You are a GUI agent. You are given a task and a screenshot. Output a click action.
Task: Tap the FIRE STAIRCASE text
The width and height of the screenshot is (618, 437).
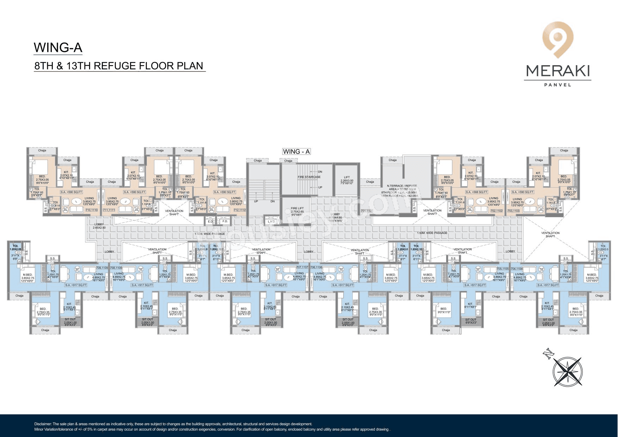tap(309, 177)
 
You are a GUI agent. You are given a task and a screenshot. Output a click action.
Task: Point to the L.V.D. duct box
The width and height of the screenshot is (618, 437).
tap(271, 221)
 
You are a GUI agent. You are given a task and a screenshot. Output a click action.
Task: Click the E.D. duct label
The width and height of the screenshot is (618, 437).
tap(211, 221)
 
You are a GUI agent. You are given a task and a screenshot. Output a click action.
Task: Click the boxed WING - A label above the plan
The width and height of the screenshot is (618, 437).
tap(296, 151)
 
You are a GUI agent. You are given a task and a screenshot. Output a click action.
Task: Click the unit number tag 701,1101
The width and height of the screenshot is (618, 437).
tap(367, 211)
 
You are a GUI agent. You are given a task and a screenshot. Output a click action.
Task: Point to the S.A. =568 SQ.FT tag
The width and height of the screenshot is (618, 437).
tap(476, 192)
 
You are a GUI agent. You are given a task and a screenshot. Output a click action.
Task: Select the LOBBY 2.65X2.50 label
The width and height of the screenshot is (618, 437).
tap(99, 226)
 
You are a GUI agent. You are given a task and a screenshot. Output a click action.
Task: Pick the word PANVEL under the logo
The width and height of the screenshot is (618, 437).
tap(558, 85)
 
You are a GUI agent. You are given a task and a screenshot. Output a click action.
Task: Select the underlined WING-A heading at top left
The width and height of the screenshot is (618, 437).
tap(58, 48)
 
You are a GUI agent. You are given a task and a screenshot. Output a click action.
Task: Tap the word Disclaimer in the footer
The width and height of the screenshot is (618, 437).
tap(43, 424)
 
